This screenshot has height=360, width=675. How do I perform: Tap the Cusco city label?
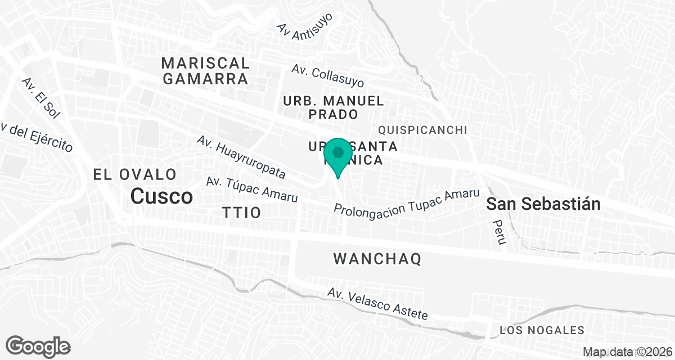(x=161, y=196)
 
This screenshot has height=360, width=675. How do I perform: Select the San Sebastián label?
(x=543, y=204)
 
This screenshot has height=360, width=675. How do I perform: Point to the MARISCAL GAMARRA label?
(x=205, y=70)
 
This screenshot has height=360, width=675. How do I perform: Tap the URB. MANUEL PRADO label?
(x=334, y=107)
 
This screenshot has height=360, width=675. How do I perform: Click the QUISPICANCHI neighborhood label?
(x=423, y=130)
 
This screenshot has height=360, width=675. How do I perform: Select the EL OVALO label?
(x=135, y=174)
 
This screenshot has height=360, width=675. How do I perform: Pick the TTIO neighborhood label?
(x=242, y=213)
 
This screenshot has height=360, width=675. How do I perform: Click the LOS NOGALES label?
(x=542, y=330)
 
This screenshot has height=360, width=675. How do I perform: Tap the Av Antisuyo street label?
(x=305, y=25)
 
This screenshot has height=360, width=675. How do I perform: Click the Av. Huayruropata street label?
(x=241, y=157)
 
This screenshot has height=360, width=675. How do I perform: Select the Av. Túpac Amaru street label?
(x=251, y=190)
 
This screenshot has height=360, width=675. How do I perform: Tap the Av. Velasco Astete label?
(x=377, y=304)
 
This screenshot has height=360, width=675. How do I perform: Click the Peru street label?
(x=498, y=232)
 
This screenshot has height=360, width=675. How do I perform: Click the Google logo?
(x=38, y=346)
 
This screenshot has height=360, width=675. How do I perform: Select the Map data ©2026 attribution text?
(x=627, y=352)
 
